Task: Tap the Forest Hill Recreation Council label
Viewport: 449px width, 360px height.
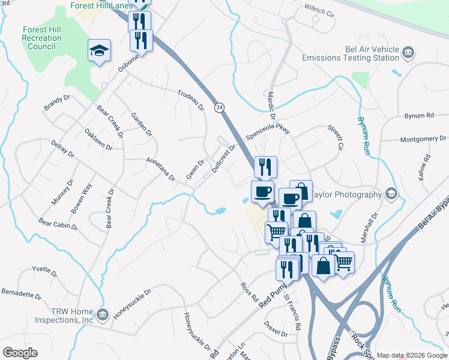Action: coord(41,38)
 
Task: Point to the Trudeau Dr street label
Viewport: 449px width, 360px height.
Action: coord(191,100)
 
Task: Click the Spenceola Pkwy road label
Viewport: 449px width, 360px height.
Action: coord(268,130)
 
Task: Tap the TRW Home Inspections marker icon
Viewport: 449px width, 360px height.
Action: coord(102,313)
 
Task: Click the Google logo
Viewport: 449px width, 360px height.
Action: coord(20,353)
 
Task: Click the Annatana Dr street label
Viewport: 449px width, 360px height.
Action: coord(160,169)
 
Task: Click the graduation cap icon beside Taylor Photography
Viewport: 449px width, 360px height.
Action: coord(391,193)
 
